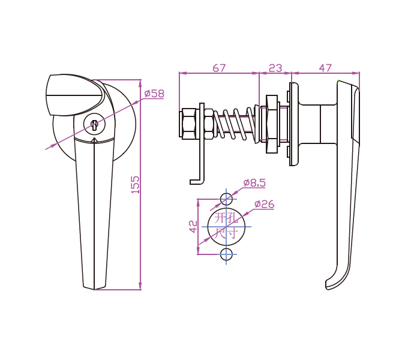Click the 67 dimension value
(x=219, y=68)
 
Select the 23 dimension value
(x=275, y=68)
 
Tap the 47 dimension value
(x=325, y=68)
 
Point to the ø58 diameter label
(x=154, y=94)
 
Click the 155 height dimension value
(x=136, y=185)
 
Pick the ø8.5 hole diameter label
(x=254, y=182)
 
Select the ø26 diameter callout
(x=265, y=204)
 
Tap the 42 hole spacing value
(x=193, y=227)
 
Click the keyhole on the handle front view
(x=94, y=125)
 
